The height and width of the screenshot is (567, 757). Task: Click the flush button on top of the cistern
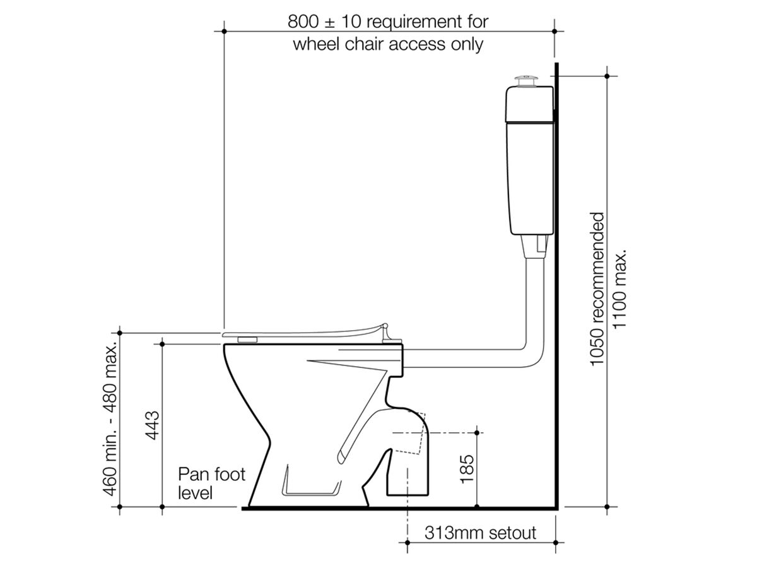pos(525,79)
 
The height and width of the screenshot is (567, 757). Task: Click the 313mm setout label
pos(481,533)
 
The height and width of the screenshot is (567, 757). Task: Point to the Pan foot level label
pos(211,483)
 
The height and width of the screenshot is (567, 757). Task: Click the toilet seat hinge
pos(385,329)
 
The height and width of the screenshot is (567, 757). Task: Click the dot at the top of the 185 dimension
pos(477,432)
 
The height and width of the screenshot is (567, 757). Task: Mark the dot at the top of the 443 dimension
pos(162,343)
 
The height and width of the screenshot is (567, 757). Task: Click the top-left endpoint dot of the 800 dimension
pos(224,30)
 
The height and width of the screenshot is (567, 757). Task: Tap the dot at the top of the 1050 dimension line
pos(607,76)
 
